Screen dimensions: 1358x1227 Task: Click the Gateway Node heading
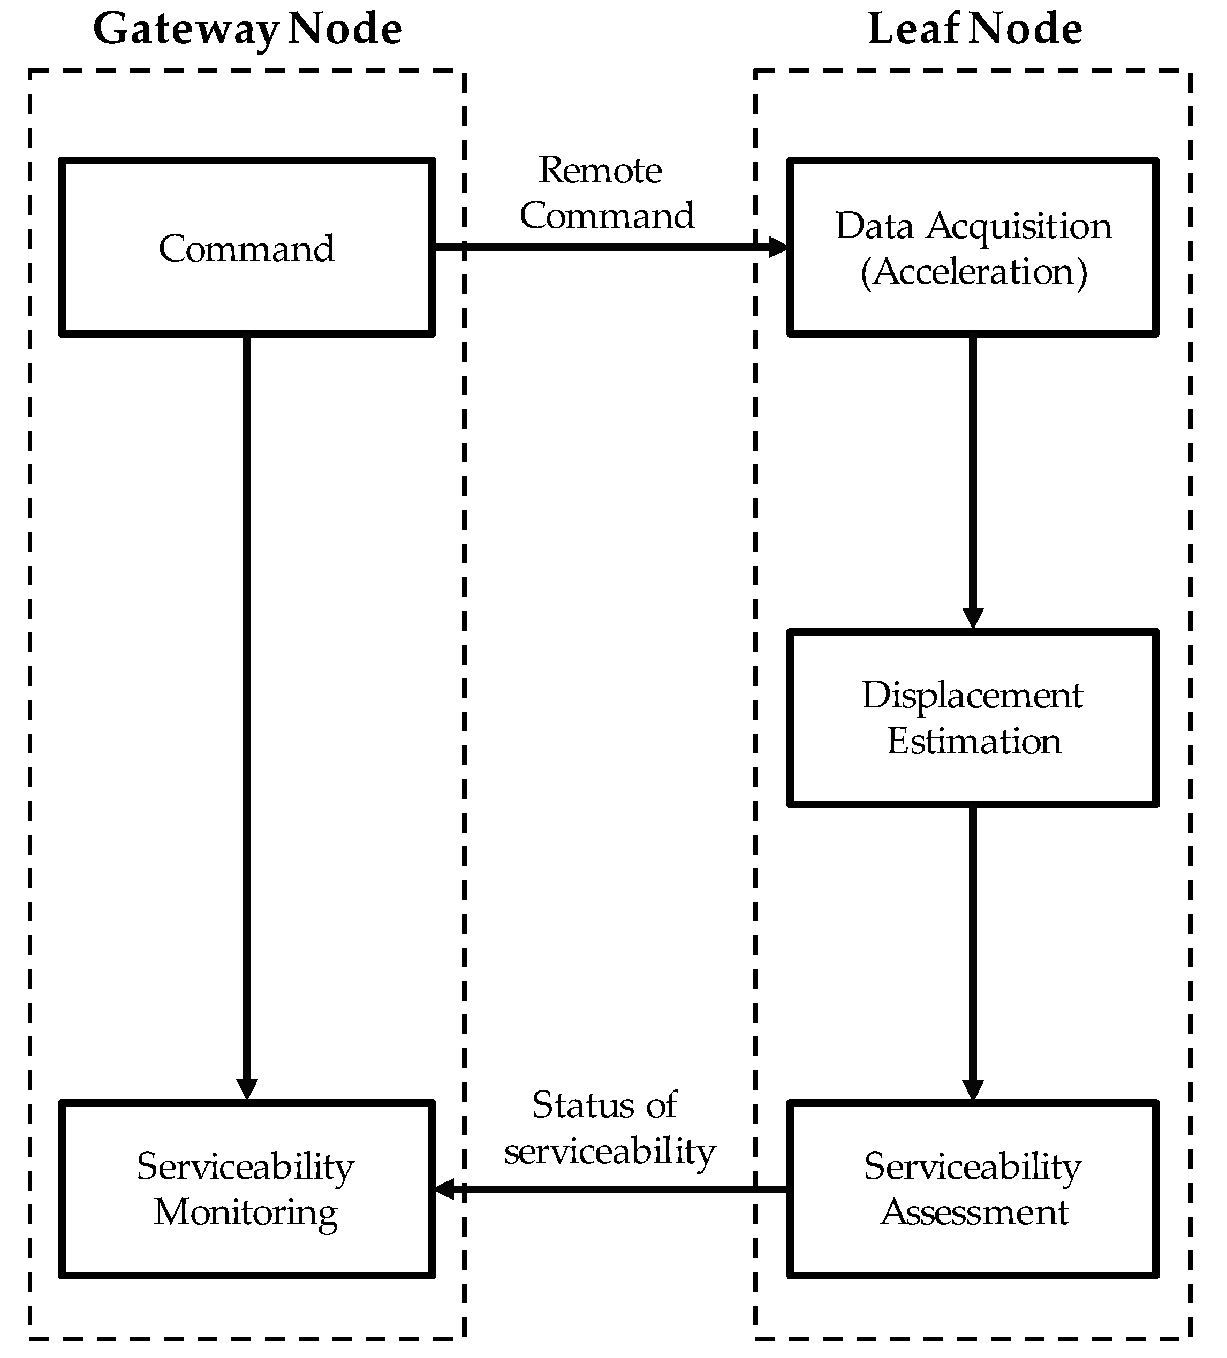[x=247, y=29]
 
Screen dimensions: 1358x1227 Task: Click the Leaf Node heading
[x=974, y=29]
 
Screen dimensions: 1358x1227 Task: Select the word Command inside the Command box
[x=247, y=249]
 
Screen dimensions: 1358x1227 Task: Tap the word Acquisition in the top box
[x=1018, y=226]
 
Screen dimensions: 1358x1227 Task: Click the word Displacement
[x=972, y=695]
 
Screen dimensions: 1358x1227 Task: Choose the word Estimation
[x=974, y=741]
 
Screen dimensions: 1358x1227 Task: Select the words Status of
[x=604, y=1105]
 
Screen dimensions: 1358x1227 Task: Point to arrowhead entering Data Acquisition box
[x=778, y=247]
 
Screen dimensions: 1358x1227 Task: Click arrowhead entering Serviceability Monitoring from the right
[x=445, y=1189]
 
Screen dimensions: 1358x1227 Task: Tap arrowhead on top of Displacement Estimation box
[x=973, y=617]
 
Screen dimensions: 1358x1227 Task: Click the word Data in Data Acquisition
[x=875, y=226]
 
